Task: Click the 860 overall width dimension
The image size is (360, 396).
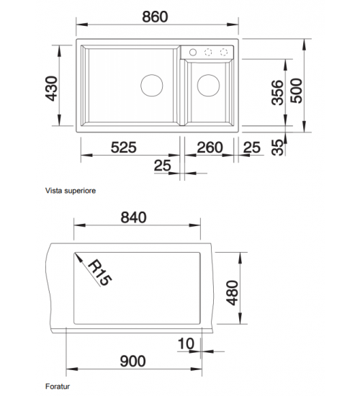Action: click(155, 17)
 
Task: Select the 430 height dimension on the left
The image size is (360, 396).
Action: click(52, 89)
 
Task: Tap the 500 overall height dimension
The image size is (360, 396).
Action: click(297, 91)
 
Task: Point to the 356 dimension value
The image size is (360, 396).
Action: click(278, 92)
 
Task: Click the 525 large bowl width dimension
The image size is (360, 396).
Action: click(124, 148)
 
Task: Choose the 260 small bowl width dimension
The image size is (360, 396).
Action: click(210, 148)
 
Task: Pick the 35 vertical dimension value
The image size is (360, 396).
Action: click(278, 147)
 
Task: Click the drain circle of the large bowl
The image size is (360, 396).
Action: click(152, 86)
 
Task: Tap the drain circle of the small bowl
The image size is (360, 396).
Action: click(208, 86)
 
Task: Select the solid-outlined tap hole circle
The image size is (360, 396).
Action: click(193, 53)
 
